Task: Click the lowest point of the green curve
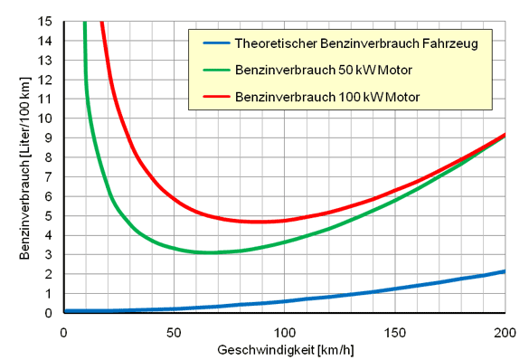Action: (211, 252)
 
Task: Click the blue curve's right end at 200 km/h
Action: (505, 271)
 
